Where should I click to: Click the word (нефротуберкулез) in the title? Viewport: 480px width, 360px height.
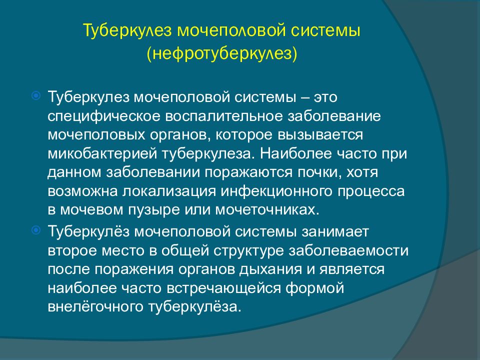coord(221,53)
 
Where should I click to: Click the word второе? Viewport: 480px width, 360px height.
coord(72,250)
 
